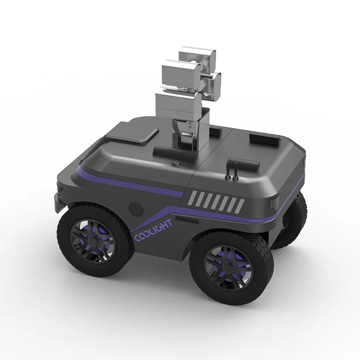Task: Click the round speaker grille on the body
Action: [136, 208]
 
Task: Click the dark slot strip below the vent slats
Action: [187, 220]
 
